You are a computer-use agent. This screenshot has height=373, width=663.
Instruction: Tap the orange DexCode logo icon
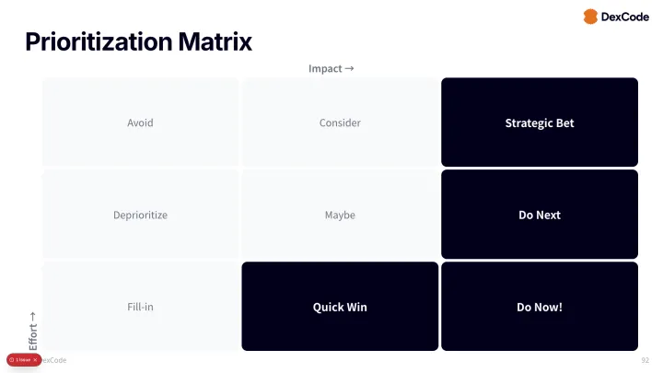tap(590, 17)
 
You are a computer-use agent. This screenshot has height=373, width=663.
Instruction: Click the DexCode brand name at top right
tap(626, 17)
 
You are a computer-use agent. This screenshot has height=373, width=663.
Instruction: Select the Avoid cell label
tap(140, 122)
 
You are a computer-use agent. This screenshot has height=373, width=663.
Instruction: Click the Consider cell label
tap(340, 122)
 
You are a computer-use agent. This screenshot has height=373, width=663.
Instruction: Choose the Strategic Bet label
tap(540, 122)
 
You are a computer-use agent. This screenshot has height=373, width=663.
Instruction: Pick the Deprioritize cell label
tap(140, 215)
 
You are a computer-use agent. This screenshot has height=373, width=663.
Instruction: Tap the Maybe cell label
tap(340, 215)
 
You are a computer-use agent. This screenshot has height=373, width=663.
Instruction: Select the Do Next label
tap(540, 215)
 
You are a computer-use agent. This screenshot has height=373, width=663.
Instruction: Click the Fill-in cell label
tap(140, 307)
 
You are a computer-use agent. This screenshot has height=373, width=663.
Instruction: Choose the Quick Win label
tap(340, 307)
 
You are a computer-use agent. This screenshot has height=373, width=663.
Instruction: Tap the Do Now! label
tap(540, 307)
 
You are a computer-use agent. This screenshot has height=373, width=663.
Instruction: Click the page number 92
tap(645, 360)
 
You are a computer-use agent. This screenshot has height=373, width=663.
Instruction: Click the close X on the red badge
tap(35, 359)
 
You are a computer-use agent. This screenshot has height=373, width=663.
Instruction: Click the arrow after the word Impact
tap(349, 68)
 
